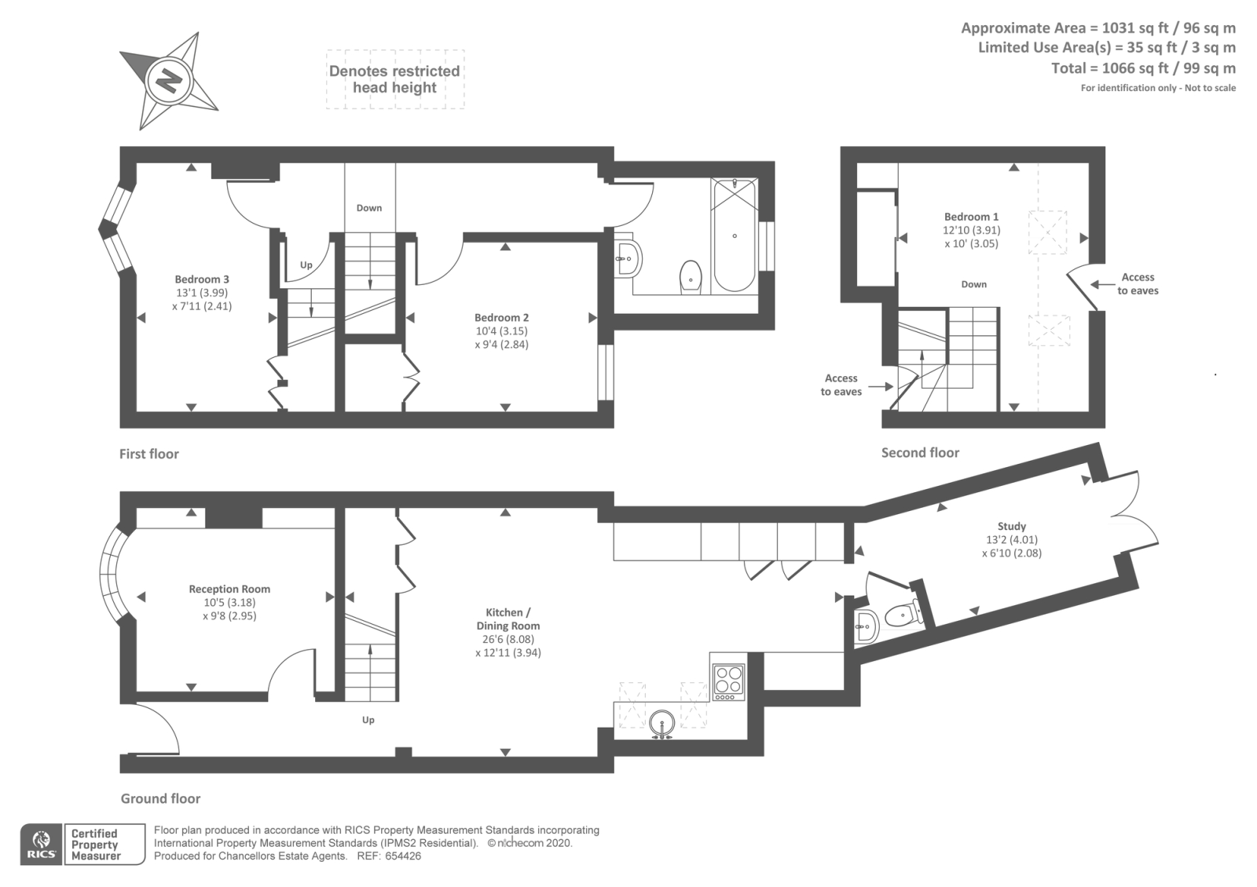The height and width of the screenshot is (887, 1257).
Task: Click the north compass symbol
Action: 168,80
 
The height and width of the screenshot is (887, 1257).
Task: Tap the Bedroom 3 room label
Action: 202,279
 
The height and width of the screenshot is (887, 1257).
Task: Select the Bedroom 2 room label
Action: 501,318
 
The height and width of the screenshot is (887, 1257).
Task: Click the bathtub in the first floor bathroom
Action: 735,235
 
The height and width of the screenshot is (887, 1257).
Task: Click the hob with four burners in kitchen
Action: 728,681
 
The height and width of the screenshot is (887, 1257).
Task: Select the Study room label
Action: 1012,527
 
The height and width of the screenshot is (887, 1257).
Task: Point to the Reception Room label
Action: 229,590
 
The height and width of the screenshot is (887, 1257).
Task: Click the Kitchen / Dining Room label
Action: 508,619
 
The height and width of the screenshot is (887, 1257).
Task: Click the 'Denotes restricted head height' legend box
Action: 395,79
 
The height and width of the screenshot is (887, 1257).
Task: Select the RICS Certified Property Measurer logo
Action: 83,845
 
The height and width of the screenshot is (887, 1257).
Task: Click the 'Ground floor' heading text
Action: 160,799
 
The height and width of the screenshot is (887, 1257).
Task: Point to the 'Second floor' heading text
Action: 920,453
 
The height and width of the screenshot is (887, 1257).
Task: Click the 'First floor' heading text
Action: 149,454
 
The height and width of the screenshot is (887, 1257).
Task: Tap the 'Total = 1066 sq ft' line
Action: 1143,68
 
